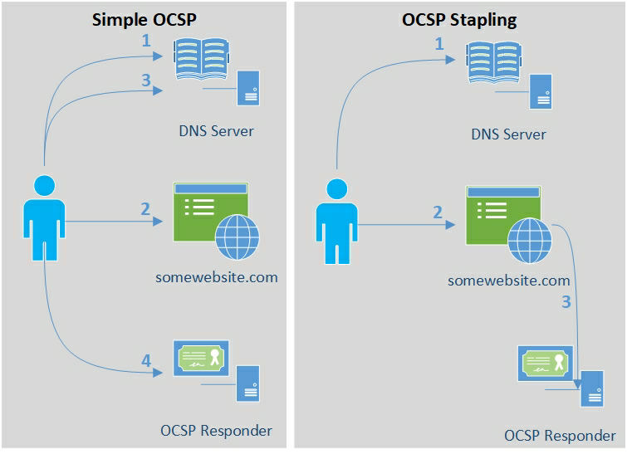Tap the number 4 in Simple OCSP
pos(146,361)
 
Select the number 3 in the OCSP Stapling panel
pos(566,302)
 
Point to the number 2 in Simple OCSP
pos(145,209)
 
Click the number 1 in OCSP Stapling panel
pos(440,44)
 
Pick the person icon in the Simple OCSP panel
pos(42,217)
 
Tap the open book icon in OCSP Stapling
pos(495,60)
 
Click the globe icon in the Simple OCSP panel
pos(237,238)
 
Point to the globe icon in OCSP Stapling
pos(529,241)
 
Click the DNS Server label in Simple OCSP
pos(216,131)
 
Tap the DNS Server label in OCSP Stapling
pos(508,134)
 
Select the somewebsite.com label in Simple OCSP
pos(216,277)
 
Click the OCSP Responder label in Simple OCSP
pos(216,431)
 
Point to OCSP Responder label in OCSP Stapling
pos(560,436)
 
